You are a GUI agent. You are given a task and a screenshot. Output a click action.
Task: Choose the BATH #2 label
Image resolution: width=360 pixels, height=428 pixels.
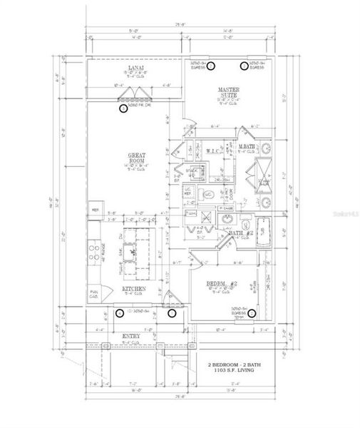coord(238,234)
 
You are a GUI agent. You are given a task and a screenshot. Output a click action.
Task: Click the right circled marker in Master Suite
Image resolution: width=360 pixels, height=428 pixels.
coord(244,66)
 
